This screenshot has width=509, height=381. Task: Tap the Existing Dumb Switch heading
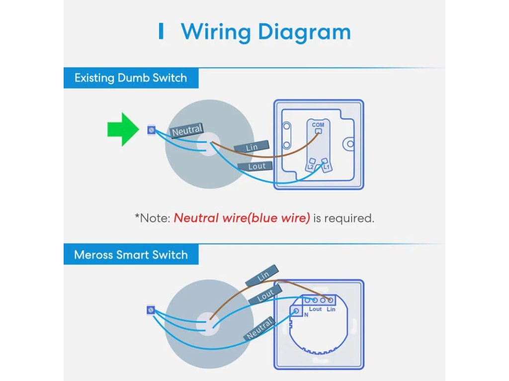click(x=131, y=78)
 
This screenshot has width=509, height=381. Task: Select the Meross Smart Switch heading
click(x=131, y=255)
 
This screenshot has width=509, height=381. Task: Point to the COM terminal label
click(x=318, y=125)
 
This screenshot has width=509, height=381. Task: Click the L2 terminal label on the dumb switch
click(x=310, y=168)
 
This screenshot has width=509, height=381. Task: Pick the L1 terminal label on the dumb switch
click(x=327, y=168)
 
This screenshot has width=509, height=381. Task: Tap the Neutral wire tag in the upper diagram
click(x=187, y=130)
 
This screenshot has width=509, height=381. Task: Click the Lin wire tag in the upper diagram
click(x=252, y=147)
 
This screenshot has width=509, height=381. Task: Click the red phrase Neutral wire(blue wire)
click(x=242, y=218)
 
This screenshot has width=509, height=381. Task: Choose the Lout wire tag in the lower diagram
click(x=265, y=296)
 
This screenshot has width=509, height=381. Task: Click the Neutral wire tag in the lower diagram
click(x=259, y=329)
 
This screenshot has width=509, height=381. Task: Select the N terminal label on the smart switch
click(x=306, y=315)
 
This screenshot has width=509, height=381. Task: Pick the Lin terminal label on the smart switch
click(x=331, y=309)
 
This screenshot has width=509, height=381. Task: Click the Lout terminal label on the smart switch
click(x=315, y=309)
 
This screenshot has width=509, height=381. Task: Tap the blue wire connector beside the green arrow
click(x=151, y=130)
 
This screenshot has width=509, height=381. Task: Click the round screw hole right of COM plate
click(x=350, y=143)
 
